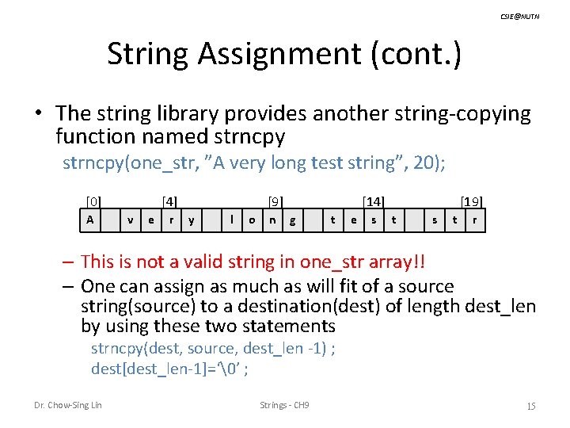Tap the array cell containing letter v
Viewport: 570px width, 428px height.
[131, 220]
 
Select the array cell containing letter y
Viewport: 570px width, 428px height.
[192, 220]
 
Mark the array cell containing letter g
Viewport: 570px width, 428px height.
[293, 220]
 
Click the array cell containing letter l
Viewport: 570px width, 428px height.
[231, 220]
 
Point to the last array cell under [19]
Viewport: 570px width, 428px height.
[474, 220]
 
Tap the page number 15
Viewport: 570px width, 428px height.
[531, 406]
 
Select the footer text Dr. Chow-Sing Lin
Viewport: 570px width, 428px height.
[68, 406]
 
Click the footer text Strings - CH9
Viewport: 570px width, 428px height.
[284, 406]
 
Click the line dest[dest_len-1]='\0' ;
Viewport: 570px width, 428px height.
[169, 368]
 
